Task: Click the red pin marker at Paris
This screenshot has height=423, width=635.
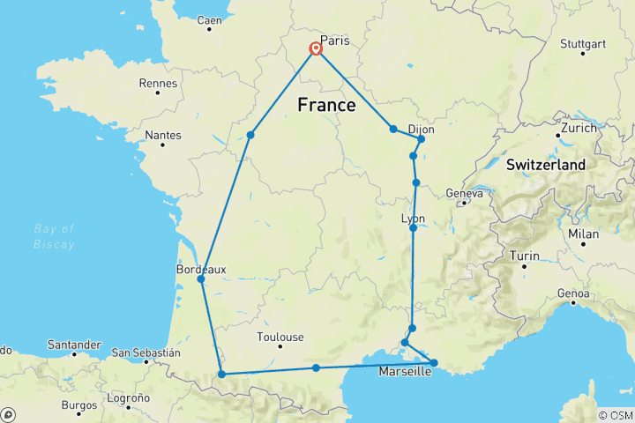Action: click(315, 50)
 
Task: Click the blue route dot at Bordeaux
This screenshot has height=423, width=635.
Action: click(201, 279)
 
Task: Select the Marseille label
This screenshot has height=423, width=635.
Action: click(405, 372)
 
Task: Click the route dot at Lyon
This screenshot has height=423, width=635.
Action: click(413, 228)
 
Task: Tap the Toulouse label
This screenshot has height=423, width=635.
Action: click(280, 337)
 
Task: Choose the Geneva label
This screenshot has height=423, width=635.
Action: click(464, 194)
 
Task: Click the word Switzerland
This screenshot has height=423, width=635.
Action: click(546, 165)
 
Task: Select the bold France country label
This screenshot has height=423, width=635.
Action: click(326, 106)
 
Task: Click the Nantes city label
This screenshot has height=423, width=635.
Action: click(164, 135)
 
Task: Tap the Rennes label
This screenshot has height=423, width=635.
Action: click(159, 84)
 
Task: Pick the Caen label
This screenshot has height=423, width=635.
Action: click(210, 20)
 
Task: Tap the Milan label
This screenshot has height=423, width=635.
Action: click(584, 234)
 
